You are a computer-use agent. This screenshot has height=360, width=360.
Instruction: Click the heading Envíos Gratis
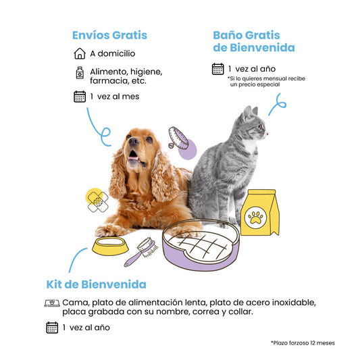click(x=109, y=35)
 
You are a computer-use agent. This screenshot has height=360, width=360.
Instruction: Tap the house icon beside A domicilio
click(x=80, y=53)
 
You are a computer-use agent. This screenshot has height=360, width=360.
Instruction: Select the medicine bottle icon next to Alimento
click(x=80, y=73)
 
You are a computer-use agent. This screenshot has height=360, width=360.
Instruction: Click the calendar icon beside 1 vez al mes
click(x=80, y=97)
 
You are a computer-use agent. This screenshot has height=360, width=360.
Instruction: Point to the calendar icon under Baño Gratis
click(x=217, y=69)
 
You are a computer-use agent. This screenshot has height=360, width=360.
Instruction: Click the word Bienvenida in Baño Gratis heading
click(x=263, y=48)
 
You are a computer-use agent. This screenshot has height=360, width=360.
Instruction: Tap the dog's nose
click(x=133, y=140)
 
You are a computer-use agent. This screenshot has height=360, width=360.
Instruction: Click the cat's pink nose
click(x=267, y=133)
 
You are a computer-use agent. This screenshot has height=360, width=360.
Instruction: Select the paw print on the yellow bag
click(x=255, y=217)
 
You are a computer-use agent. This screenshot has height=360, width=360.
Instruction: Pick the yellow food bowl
click(x=110, y=246)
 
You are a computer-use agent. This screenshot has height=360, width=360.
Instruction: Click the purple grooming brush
click(x=140, y=252)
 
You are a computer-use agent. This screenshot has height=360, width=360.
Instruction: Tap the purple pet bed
click(x=201, y=245)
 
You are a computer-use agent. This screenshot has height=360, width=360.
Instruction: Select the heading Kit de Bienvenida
click(x=96, y=284)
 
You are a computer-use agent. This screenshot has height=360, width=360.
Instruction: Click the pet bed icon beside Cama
click(x=52, y=303)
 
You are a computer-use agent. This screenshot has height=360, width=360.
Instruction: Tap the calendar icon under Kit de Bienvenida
click(x=52, y=328)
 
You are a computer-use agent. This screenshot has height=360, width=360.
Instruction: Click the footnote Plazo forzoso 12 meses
click(x=303, y=343)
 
